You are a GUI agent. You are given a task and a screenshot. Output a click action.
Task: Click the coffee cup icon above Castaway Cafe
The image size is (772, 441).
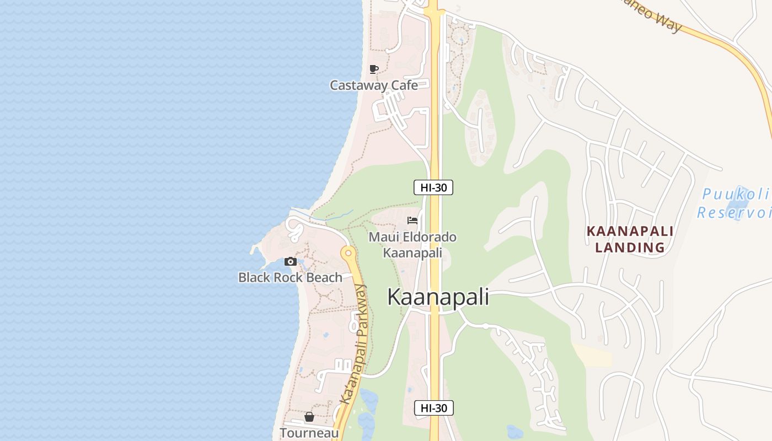(374, 69)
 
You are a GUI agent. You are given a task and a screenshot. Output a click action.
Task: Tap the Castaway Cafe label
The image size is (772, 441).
(373, 85)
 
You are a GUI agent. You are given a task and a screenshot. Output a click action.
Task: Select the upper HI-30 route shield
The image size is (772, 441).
(433, 187)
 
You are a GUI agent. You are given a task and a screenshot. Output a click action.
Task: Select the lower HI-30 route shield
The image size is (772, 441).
(433, 408)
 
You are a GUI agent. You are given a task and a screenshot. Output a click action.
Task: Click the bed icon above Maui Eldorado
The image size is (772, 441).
(412, 220)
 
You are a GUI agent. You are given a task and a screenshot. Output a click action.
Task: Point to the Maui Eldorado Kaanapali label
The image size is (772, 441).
(412, 245)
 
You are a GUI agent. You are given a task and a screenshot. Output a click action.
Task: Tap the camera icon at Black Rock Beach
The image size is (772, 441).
(291, 262)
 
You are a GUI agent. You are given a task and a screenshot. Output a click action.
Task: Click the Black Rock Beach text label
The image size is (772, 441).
(290, 277)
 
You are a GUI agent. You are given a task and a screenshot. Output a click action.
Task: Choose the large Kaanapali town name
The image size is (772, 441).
(438, 297)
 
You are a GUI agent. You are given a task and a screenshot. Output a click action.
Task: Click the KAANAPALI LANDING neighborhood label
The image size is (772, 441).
(630, 239)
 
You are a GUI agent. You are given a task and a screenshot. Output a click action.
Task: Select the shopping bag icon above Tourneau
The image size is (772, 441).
(309, 417)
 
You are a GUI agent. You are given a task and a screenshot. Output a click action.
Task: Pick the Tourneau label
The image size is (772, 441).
(309, 433)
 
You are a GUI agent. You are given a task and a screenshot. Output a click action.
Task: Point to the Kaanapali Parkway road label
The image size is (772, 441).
(353, 344)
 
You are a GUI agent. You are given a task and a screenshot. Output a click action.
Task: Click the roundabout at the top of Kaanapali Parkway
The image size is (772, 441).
(347, 254)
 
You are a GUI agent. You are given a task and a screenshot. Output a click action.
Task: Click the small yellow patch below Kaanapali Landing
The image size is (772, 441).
(593, 354)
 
